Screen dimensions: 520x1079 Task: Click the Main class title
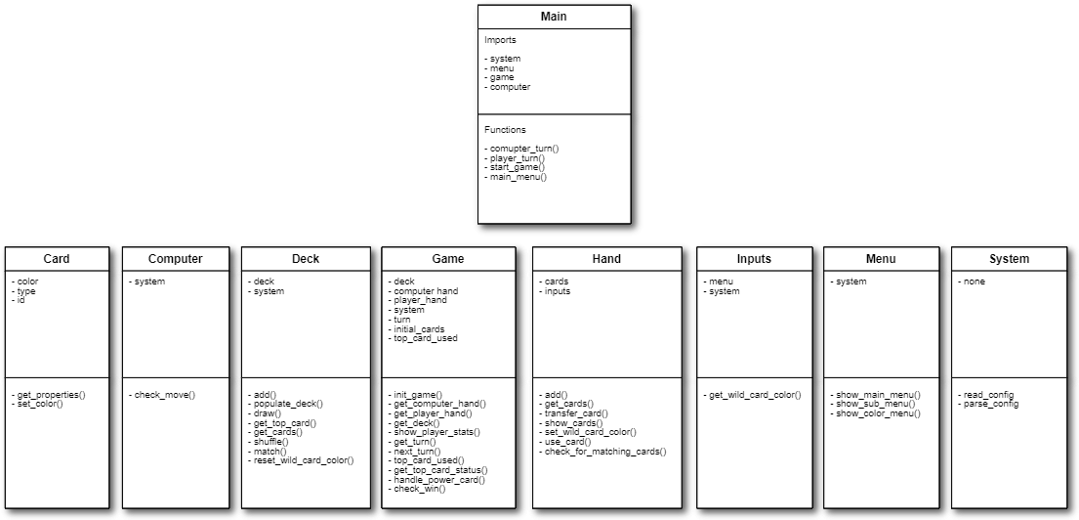554,17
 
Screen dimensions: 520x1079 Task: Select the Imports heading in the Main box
500,41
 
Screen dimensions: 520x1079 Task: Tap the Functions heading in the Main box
505,130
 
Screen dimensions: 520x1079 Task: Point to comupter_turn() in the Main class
523,149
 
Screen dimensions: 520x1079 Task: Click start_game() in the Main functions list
517,167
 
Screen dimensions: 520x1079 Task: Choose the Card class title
57,259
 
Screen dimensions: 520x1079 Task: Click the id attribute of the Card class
21,300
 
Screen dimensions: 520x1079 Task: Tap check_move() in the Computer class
164,395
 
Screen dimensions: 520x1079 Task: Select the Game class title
447,259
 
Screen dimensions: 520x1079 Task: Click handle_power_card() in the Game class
437,479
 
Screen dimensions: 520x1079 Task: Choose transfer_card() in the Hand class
575,413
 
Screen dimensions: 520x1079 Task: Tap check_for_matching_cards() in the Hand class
603,451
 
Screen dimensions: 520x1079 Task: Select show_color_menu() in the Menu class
877,413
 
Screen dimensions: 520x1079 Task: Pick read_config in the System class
986,395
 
